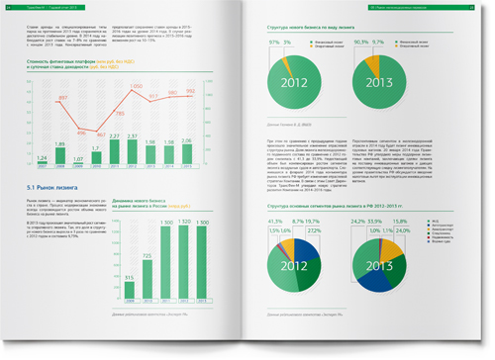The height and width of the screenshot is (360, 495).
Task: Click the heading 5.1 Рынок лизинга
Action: click(58, 187)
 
